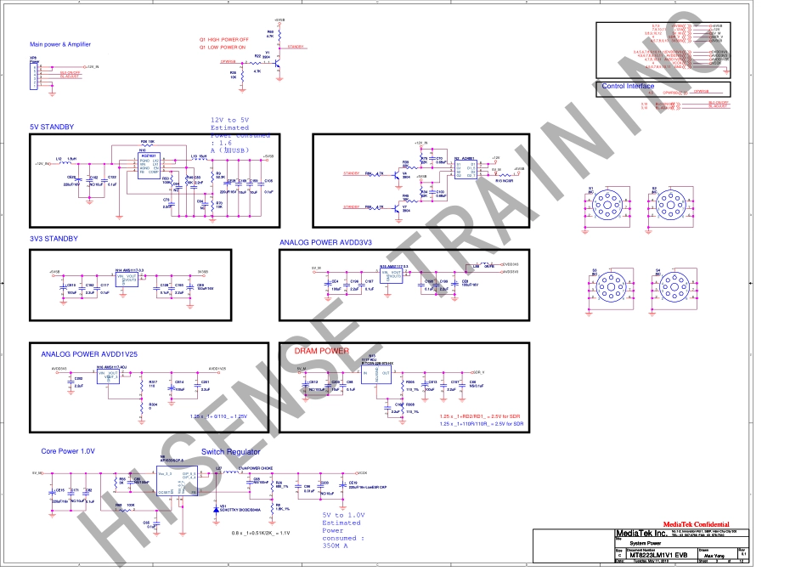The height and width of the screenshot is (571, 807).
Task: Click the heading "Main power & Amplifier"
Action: click(x=59, y=44)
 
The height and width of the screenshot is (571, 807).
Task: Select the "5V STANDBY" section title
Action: click(x=52, y=127)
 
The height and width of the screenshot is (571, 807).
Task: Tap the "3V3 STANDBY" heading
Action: click(x=54, y=239)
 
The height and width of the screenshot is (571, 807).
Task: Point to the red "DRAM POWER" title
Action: click(x=321, y=351)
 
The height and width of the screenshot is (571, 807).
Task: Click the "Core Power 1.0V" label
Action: click(x=68, y=451)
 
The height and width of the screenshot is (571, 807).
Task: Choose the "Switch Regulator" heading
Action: click(x=231, y=452)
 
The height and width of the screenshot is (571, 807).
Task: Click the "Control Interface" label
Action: click(x=628, y=86)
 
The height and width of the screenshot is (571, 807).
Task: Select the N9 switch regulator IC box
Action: click(x=178, y=481)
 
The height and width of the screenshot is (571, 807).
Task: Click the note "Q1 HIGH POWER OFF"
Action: click(x=224, y=39)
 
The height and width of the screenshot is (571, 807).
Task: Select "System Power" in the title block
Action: click(x=635, y=542)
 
